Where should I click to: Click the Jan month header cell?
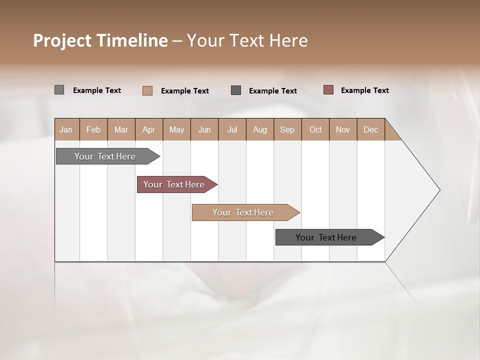66,129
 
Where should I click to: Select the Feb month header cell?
93,129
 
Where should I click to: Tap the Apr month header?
149,129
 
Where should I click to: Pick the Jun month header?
204,129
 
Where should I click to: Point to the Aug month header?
260,129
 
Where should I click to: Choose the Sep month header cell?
287,129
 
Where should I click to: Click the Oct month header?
315,129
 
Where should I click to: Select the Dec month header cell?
370,129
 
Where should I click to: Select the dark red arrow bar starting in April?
174,184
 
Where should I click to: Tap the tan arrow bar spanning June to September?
243,212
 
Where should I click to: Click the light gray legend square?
59,90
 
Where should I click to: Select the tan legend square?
147,90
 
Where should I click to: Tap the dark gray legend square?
236,90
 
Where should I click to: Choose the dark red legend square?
328,90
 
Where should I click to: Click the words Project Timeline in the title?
100,40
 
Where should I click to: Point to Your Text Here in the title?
247,40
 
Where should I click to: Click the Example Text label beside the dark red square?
364,90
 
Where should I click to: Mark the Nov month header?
343,129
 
